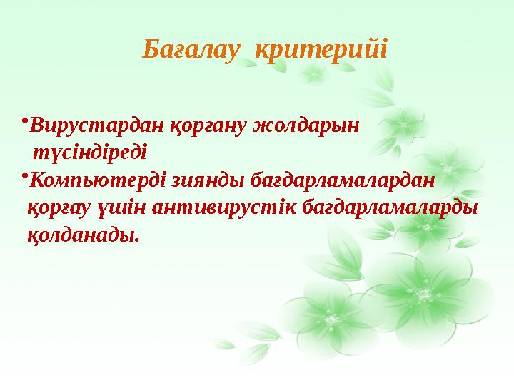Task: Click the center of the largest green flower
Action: [x=425, y=293]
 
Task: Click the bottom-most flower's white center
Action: [x=330, y=322]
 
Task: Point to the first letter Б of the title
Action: [x=151, y=50]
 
